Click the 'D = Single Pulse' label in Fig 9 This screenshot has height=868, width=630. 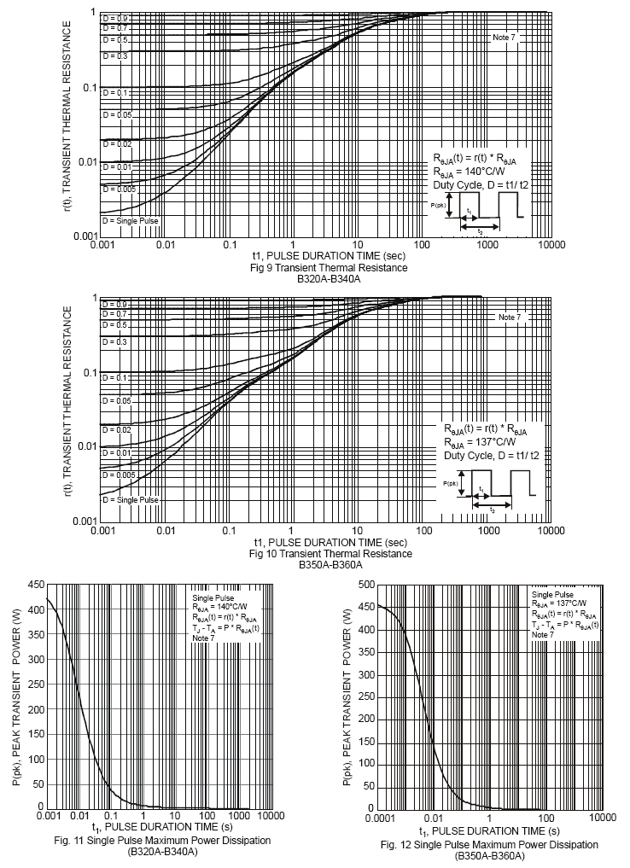pyautogui.click(x=131, y=220)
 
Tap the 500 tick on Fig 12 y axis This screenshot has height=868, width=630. pyautogui.click(x=365, y=585)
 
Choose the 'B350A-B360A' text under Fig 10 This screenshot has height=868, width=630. pyautogui.click(x=330, y=565)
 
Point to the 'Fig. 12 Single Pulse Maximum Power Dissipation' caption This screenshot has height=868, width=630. pyautogui.click(x=489, y=844)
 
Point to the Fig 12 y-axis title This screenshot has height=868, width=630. pyautogui.click(x=347, y=696)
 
